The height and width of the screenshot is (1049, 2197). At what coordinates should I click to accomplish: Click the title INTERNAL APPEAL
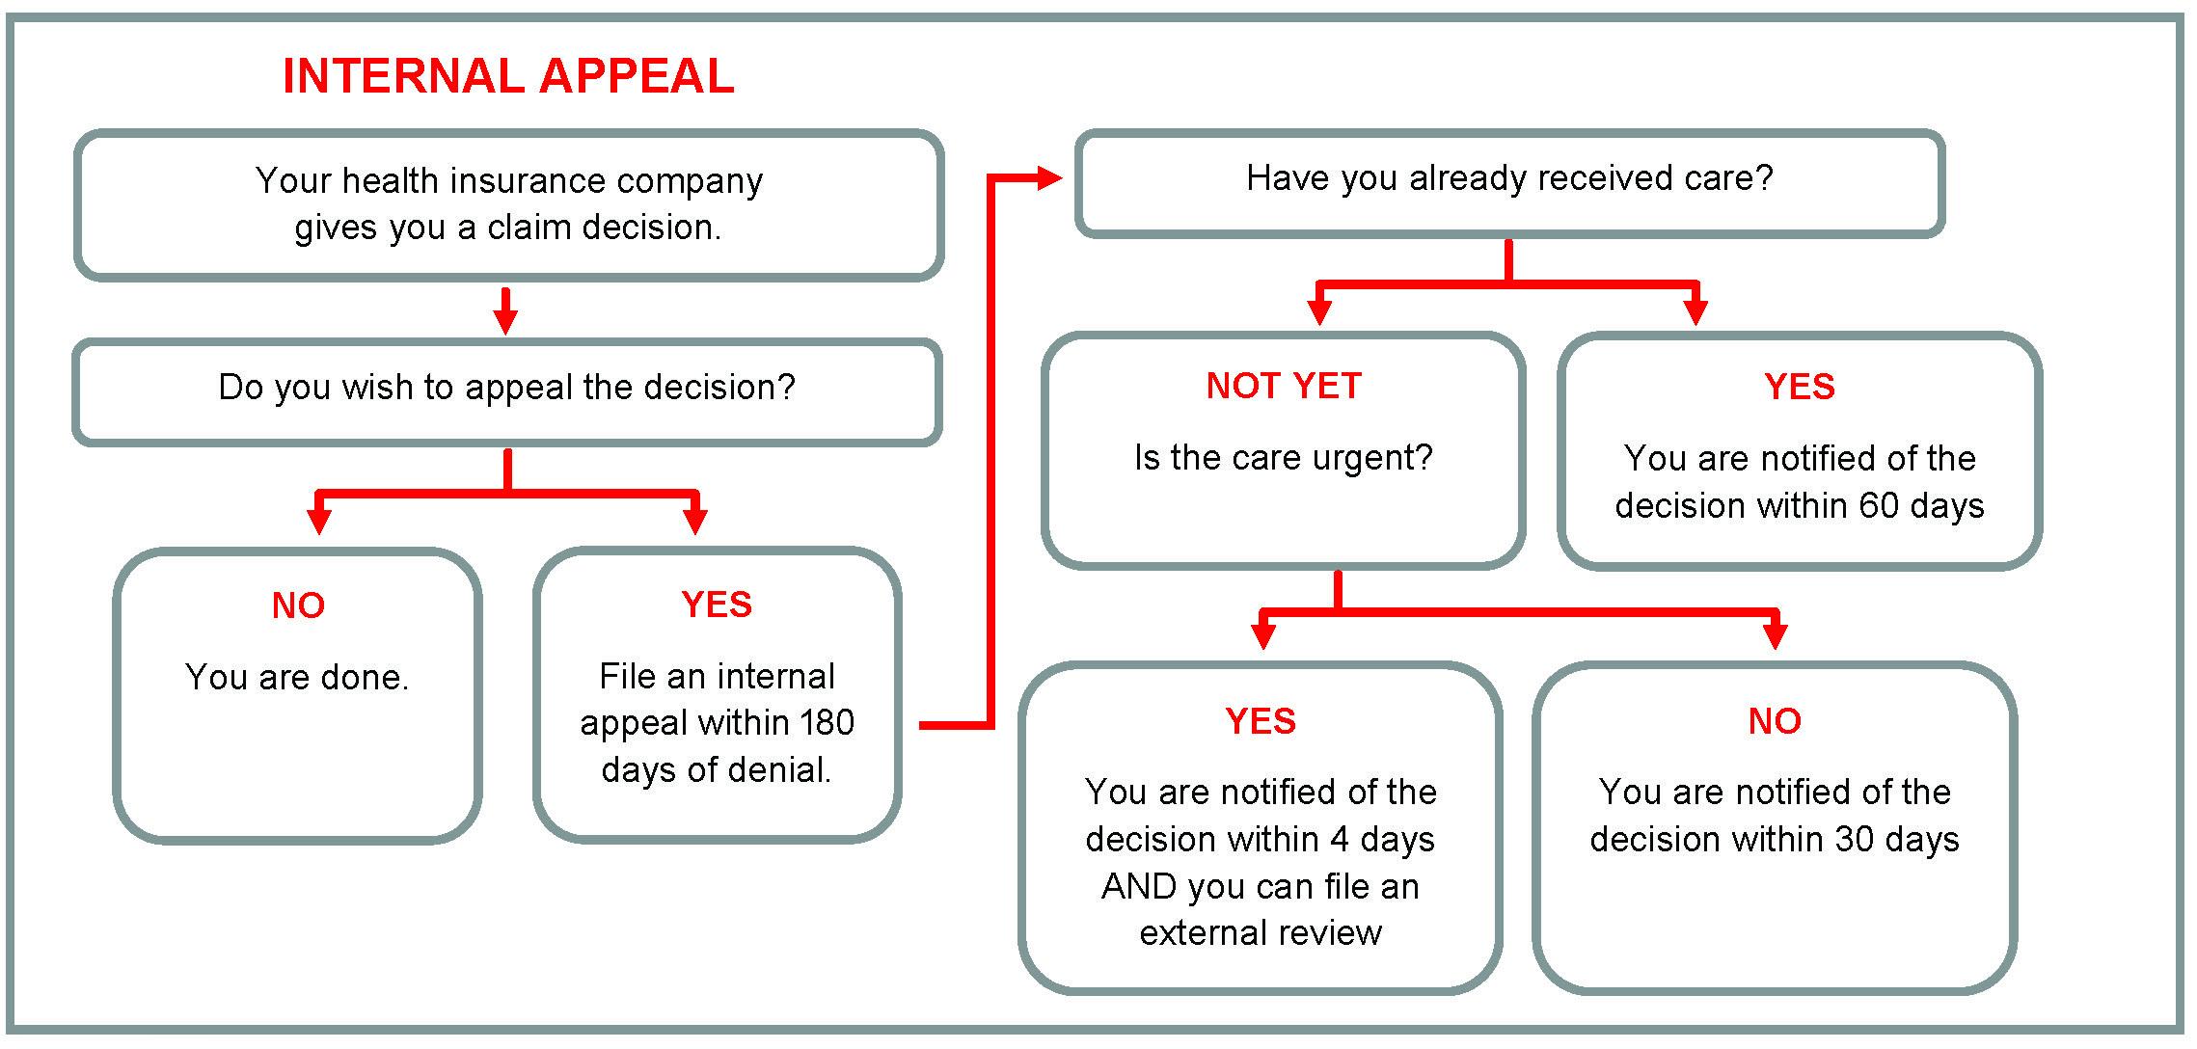(508, 76)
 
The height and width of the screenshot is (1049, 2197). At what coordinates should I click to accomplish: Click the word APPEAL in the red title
(637, 76)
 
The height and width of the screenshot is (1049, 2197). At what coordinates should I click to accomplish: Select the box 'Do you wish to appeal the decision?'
(507, 388)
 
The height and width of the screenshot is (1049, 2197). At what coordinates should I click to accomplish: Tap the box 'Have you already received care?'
(1509, 179)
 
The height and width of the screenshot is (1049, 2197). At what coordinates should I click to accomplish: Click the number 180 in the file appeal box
(826, 723)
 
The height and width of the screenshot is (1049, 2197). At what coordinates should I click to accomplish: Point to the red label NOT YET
(1283, 387)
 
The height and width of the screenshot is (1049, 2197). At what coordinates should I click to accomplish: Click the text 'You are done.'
(297, 678)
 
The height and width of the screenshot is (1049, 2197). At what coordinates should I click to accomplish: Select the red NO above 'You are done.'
(298, 606)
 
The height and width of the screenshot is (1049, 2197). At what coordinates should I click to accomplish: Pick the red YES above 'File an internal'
(717, 605)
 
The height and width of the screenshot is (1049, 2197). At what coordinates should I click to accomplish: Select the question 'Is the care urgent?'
(1283, 458)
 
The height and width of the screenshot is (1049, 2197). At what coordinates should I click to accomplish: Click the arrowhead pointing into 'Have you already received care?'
(1049, 178)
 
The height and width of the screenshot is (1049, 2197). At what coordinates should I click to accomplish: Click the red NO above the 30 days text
(1775, 722)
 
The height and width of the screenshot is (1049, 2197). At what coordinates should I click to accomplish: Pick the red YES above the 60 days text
(1800, 388)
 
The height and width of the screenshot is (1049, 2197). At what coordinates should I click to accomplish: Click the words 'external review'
(1261, 933)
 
